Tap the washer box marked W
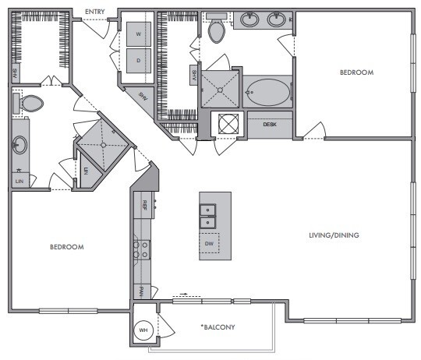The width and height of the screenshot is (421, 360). [x=140, y=34]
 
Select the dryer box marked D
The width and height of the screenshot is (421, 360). [x=140, y=60]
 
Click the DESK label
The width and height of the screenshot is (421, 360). [x=270, y=124]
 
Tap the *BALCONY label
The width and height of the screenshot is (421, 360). [x=218, y=326]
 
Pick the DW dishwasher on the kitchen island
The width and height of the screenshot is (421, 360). [x=209, y=245]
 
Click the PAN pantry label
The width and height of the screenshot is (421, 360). [x=142, y=291]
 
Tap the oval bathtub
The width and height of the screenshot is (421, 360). [x=267, y=93]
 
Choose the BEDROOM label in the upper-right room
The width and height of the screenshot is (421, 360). [x=356, y=72]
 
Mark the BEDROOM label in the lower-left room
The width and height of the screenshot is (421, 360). [x=66, y=246]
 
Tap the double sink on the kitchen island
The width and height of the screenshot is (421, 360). [x=209, y=216]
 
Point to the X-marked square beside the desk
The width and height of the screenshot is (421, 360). [x=228, y=124]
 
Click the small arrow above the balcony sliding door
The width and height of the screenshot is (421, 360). [x=183, y=295]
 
